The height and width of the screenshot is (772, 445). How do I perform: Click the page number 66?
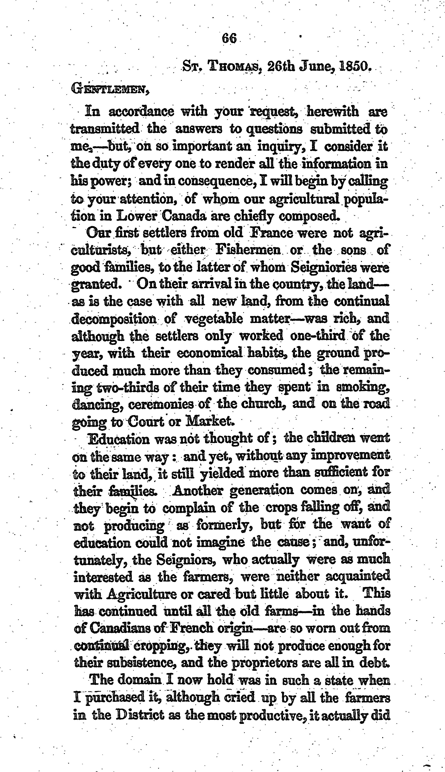tap(229, 39)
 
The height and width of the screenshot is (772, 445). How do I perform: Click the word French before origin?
tap(191, 628)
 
